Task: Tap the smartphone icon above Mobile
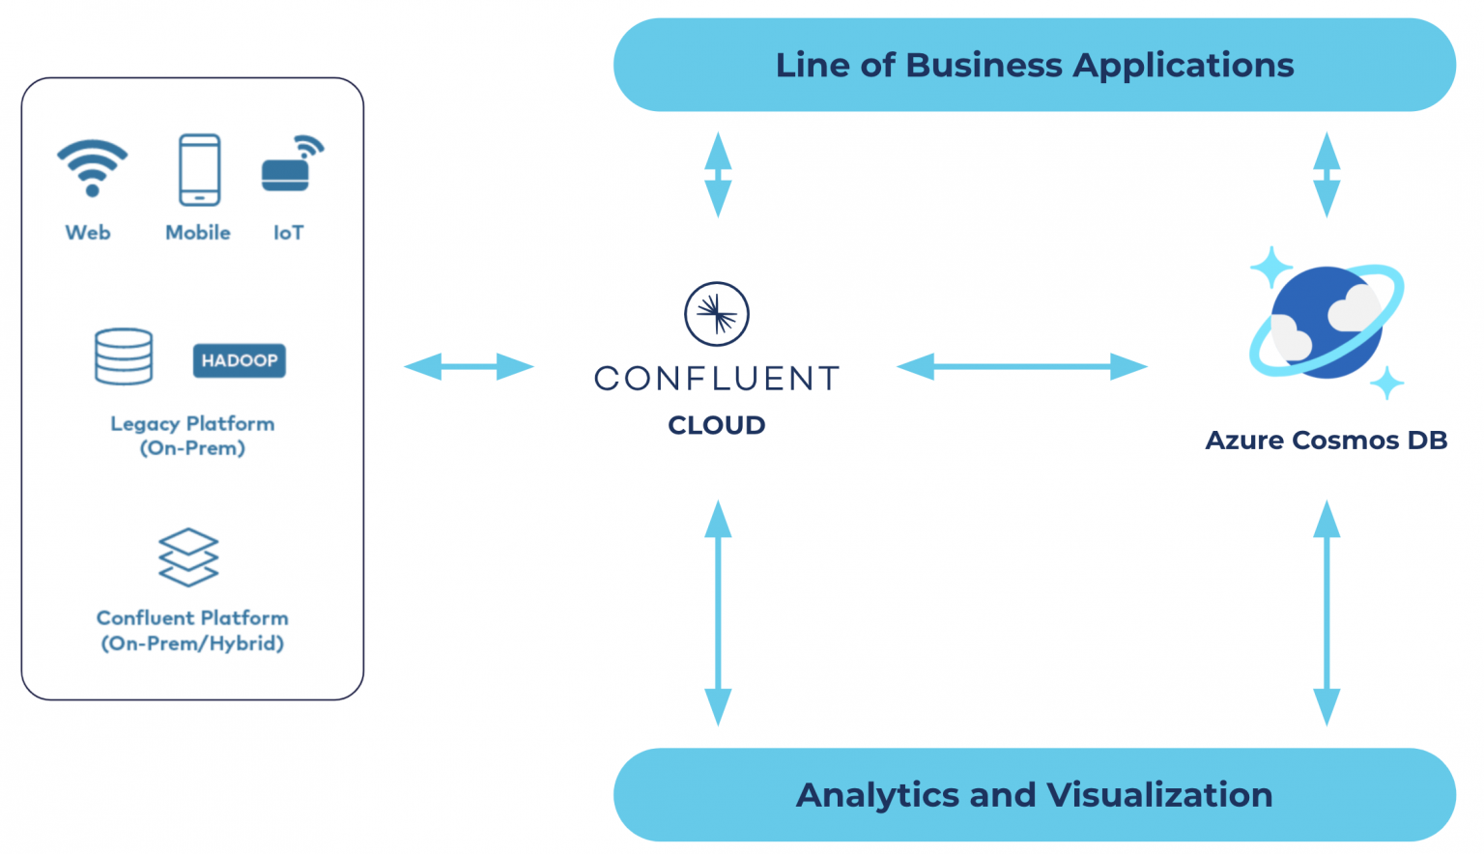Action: click(199, 170)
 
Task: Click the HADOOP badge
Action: click(239, 360)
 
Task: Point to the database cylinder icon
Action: click(124, 356)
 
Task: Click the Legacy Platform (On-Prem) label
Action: click(192, 436)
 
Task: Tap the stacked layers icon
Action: click(188, 557)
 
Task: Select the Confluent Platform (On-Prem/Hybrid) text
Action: click(192, 630)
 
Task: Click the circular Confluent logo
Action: click(716, 314)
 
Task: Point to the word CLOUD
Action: click(716, 425)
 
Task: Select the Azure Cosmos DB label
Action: click(1326, 441)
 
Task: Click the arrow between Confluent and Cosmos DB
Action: click(1021, 367)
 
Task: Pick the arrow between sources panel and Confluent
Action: click(469, 367)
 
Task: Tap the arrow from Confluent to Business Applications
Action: click(718, 175)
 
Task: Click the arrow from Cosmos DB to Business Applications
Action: click(1327, 175)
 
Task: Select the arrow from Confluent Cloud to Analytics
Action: click(718, 612)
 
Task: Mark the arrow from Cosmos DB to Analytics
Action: click(1327, 612)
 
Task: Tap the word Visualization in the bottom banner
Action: click(1159, 795)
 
